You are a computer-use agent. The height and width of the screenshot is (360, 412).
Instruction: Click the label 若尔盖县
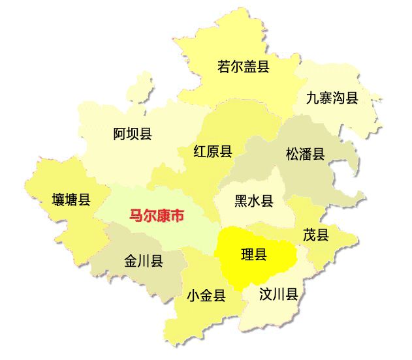pos(243,67)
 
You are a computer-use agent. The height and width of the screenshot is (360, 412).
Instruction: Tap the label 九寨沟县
pos(332,98)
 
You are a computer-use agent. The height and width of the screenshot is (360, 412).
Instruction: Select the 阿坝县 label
pos(133,134)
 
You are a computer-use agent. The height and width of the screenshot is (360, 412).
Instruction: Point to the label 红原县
pos(213,152)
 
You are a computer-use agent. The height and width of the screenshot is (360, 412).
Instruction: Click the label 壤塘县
pos(71,200)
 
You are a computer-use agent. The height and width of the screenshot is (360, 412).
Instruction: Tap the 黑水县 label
pos(254,201)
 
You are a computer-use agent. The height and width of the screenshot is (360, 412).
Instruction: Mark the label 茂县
pos(316,235)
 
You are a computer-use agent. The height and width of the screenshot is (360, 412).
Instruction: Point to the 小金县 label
pos(206,296)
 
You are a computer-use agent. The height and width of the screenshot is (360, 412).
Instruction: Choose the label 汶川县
pos(279,294)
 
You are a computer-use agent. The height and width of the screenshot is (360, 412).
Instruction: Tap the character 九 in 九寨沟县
pos(313,98)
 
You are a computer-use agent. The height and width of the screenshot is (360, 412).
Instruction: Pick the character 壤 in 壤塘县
pos(59,200)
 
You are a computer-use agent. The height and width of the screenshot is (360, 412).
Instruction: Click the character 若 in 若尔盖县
pos(224,67)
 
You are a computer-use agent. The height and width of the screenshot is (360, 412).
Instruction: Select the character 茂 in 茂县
pos(309,235)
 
